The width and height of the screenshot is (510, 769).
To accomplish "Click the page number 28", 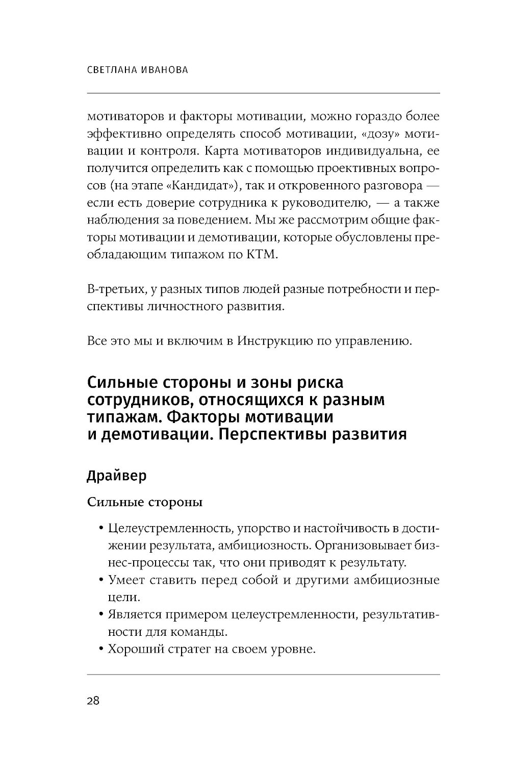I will pyautogui.click(x=93, y=701).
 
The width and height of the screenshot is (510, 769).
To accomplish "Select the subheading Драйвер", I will pyautogui.click(x=117, y=476).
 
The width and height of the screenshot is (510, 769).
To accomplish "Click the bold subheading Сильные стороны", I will pyautogui.click(x=145, y=502).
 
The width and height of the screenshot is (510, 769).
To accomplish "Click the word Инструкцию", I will pyautogui.click(x=271, y=341).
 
